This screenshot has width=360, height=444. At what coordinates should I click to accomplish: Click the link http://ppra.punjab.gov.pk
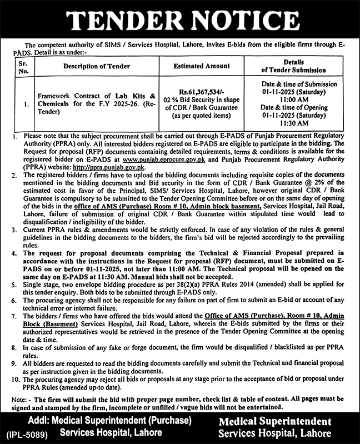(x=116, y=167)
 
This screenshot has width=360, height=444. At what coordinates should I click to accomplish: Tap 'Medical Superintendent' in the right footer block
(x=274, y=421)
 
